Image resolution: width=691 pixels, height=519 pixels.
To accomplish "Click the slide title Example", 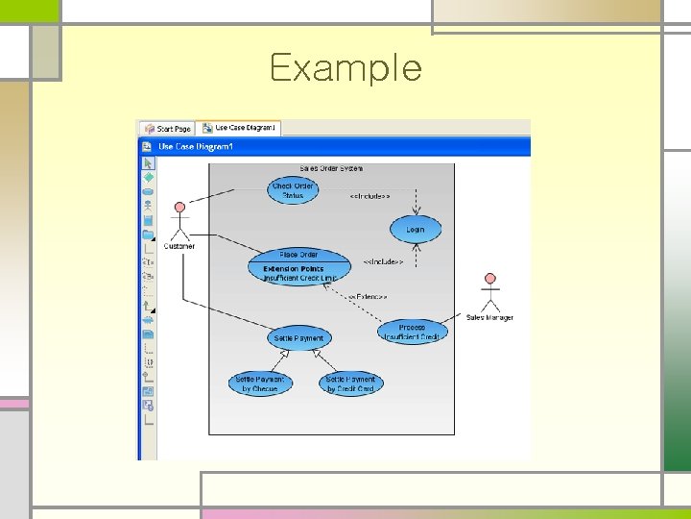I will tap(345, 68).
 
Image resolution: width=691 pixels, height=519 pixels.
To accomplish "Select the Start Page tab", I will tap(169, 128).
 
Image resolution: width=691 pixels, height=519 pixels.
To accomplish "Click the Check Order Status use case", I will tap(293, 190).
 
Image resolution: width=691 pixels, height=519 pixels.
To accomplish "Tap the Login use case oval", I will tap(415, 230).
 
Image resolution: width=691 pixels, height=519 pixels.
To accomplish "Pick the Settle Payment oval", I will tap(298, 337).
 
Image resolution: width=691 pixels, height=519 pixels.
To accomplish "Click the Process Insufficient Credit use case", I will tap(413, 332).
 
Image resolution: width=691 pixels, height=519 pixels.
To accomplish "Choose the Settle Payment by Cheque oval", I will tap(260, 383).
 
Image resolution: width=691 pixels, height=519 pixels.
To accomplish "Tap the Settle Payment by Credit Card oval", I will tap(349, 383).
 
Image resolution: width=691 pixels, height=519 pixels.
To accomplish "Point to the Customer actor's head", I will tap(179, 207).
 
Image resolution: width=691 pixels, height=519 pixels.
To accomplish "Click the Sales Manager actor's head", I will tap(490, 280).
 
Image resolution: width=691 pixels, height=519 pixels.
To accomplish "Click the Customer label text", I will tap(179, 246).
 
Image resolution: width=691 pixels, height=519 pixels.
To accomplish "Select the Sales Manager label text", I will tap(489, 317).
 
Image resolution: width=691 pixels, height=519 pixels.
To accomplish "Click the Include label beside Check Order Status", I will tap(369, 196).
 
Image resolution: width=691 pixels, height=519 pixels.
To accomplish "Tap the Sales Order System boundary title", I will tap(331, 168).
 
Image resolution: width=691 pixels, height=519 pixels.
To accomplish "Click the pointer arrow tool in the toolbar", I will tap(148, 163).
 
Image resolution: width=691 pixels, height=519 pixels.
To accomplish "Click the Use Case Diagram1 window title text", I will tap(196, 146).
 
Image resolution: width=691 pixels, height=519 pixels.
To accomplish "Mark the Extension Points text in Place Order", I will tap(294, 268).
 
